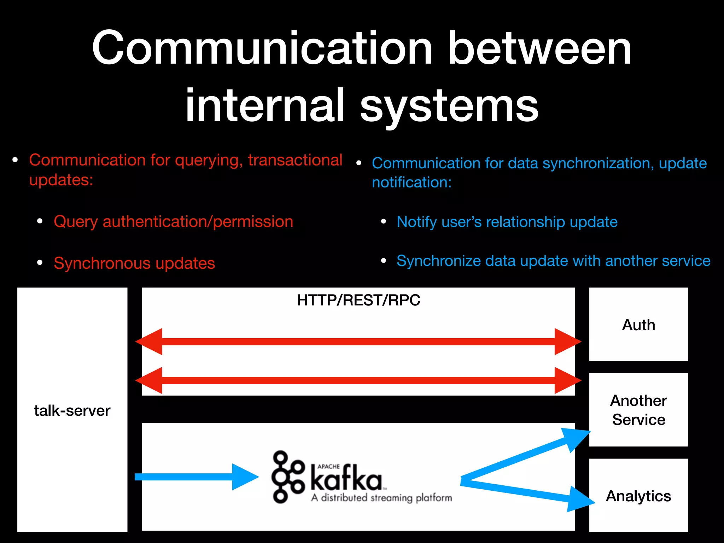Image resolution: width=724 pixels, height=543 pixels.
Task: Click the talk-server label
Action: click(x=72, y=411)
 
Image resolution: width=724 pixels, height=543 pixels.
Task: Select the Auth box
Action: click(x=638, y=325)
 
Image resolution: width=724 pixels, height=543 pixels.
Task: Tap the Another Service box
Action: click(x=638, y=410)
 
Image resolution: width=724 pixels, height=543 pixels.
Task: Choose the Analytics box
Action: click(x=638, y=496)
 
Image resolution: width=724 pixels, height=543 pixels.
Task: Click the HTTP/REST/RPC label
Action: click(x=358, y=300)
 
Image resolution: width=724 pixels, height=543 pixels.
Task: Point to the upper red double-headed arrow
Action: click(x=358, y=341)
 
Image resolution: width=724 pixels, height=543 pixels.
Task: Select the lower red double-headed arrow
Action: click(x=358, y=380)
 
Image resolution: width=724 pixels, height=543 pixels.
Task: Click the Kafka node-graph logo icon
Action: click(x=287, y=477)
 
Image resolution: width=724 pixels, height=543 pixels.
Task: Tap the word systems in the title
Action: click(x=449, y=105)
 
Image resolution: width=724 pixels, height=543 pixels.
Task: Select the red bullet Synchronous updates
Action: click(x=134, y=263)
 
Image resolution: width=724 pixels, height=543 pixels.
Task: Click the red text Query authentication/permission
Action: click(x=173, y=222)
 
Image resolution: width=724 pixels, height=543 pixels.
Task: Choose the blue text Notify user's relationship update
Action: click(x=507, y=222)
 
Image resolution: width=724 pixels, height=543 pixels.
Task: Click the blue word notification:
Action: click(x=411, y=182)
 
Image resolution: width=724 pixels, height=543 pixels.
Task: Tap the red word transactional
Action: click(x=295, y=160)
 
